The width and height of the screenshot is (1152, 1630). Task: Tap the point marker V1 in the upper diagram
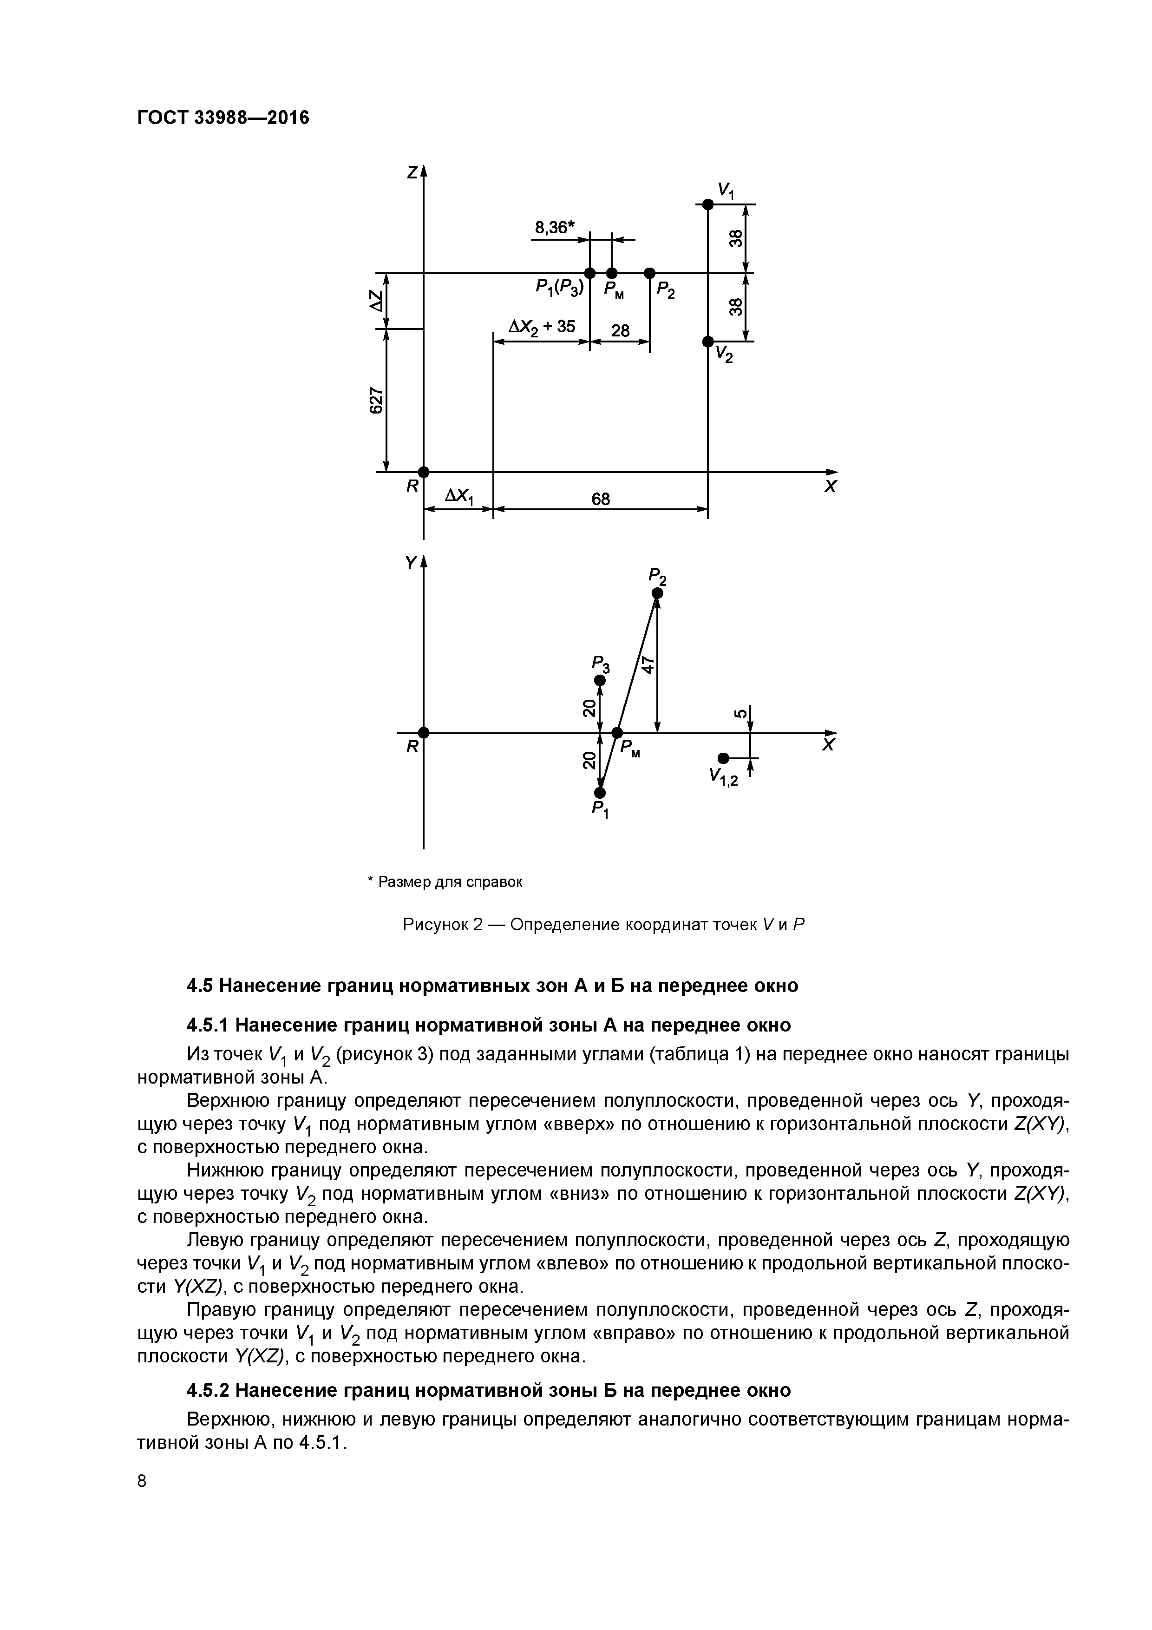point(707,204)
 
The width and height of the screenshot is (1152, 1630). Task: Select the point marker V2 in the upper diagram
point(707,342)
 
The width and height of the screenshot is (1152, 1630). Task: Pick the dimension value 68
point(601,499)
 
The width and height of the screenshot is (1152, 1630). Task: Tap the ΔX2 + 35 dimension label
point(542,327)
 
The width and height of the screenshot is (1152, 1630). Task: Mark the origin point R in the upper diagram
point(424,472)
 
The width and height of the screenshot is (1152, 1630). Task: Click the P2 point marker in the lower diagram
point(657,593)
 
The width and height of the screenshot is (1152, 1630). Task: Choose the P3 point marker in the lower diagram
point(600,680)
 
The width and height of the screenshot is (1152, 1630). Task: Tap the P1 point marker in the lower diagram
point(600,792)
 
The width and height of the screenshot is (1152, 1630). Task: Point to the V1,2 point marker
point(723,758)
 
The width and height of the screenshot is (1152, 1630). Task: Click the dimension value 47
point(647,664)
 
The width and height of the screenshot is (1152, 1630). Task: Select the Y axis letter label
point(410,563)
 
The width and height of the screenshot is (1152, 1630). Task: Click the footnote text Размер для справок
point(451,882)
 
